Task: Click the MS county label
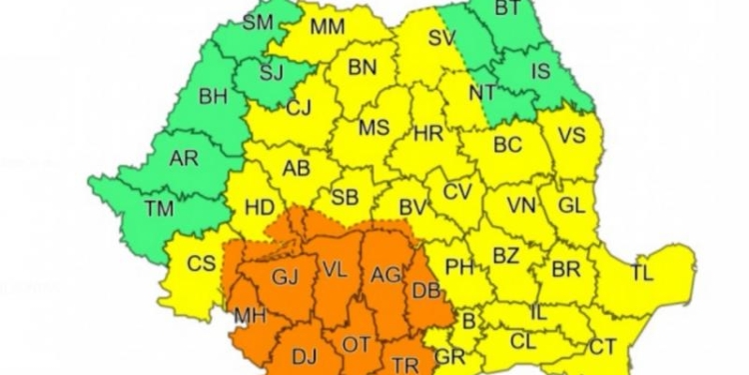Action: click(374, 128)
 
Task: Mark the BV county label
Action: click(412, 207)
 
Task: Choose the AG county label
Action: click(384, 273)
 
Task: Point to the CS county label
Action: click(201, 263)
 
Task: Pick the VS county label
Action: click(571, 135)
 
